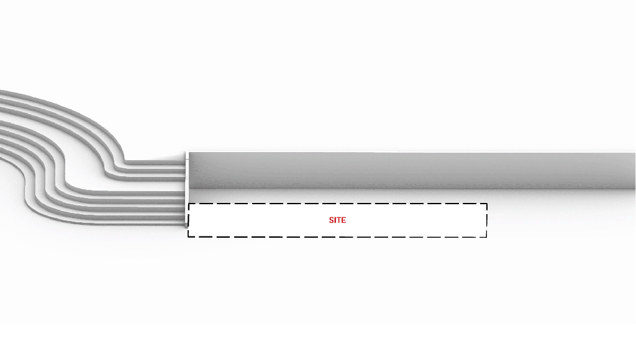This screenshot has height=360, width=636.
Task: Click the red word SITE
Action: (337, 220)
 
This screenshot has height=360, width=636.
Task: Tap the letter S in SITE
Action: (332, 220)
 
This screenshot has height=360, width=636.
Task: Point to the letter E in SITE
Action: (343, 220)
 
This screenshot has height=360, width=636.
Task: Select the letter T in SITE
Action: (338, 220)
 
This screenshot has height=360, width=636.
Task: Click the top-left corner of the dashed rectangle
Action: (188, 204)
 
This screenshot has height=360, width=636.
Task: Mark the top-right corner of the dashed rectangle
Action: (487, 204)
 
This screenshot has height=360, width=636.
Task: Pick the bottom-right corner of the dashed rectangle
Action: (487, 236)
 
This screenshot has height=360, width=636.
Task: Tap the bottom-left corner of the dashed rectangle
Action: (188, 236)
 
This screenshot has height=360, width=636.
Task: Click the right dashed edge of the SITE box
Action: (487, 220)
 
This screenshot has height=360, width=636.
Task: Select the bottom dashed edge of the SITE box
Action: (337, 236)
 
